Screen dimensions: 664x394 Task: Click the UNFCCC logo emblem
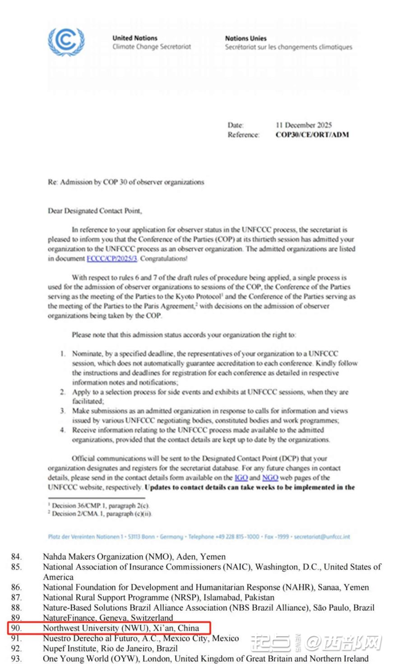tap(66, 42)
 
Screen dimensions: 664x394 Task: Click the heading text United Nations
tap(135, 38)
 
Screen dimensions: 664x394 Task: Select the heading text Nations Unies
tap(246, 38)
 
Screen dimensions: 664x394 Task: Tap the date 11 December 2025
tap(303, 125)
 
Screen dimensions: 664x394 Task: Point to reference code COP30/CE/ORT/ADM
tap(312, 134)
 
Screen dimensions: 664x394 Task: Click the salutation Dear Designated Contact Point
tap(95, 211)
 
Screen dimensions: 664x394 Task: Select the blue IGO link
tap(241, 477)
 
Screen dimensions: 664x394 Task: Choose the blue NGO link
tap(270, 477)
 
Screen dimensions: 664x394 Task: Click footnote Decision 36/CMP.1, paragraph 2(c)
tap(100, 505)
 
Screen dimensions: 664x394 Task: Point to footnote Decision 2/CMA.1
tap(101, 513)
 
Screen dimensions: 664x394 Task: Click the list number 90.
tap(17, 628)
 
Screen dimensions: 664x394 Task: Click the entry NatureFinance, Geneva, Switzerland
tap(108, 618)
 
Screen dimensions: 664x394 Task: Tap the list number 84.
tap(17, 557)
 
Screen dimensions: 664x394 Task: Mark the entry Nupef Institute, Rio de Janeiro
tap(110, 648)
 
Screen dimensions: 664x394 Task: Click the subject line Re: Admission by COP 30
tap(126, 182)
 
